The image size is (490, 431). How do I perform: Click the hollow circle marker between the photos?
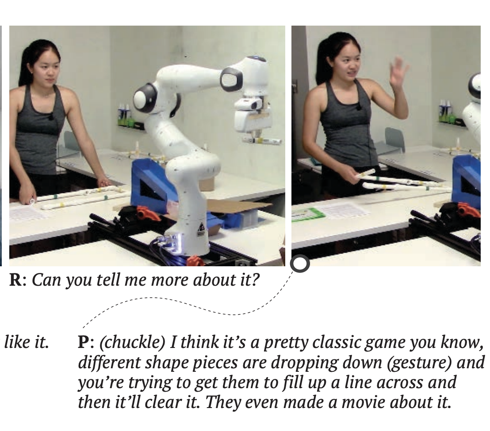[x=300, y=264]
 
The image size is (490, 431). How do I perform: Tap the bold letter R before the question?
[x=15, y=280]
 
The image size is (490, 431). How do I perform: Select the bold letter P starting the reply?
[x=84, y=342]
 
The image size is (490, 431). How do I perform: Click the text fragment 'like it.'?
[x=26, y=342]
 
